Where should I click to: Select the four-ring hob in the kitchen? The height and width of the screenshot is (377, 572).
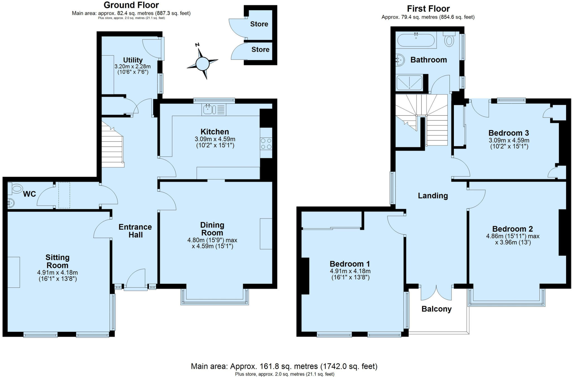click(266, 144)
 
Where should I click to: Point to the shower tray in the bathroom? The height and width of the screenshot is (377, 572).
click(409, 83)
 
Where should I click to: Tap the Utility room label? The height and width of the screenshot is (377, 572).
click(133, 60)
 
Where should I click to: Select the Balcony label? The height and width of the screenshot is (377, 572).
click(436, 309)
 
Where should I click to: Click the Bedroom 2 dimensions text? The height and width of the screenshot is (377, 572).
click(513, 239)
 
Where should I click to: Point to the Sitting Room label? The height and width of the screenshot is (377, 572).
click(57, 261)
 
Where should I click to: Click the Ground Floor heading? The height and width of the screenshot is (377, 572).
click(131, 5)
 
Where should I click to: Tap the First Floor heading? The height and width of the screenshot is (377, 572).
click(428, 9)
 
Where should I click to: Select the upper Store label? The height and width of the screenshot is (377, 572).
click(259, 24)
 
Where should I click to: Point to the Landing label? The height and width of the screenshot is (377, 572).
click(433, 196)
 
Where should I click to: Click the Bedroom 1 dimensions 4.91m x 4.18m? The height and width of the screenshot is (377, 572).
click(350, 271)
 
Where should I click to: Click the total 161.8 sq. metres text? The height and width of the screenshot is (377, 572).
click(284, 366)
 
